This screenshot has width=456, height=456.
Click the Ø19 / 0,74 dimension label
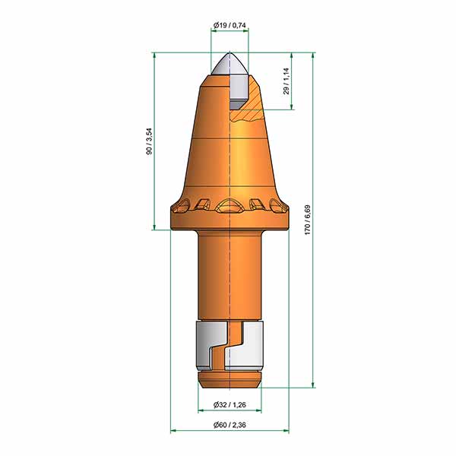230,25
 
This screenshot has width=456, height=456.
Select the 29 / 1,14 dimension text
287,81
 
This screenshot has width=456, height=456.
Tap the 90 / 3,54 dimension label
149,141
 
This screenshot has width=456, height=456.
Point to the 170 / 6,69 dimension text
308,220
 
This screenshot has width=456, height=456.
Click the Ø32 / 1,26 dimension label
230,404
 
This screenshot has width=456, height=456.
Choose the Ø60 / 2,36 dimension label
230,425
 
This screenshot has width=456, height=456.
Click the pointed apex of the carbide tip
230,52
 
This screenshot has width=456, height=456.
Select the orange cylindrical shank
230,275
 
